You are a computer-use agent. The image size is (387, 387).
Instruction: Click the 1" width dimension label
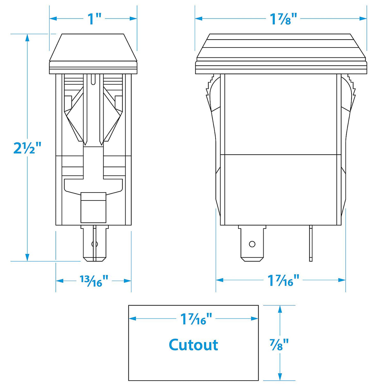point(94,19)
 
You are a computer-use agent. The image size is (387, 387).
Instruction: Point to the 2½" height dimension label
point(27,148)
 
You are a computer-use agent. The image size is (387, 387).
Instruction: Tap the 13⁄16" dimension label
point(94,281)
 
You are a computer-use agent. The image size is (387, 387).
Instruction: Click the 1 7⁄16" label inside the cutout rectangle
point(196,319)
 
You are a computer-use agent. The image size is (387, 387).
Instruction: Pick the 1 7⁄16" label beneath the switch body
point(283,281)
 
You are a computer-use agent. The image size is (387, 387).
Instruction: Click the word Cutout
point(193,345)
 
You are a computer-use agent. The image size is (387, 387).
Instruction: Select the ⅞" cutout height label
point(279,344)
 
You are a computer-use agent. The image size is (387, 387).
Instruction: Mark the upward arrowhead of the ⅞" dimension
point(280,309)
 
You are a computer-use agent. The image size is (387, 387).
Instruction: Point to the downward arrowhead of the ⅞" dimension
point(280,377)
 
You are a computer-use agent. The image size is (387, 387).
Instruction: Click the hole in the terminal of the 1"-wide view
point(94,244)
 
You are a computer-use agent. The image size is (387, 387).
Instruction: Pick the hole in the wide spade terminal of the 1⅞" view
point(252,244)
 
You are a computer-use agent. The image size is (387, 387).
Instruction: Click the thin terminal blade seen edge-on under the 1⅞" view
point(311,244)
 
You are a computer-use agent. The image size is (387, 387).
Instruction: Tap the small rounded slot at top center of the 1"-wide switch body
point(93,79)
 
